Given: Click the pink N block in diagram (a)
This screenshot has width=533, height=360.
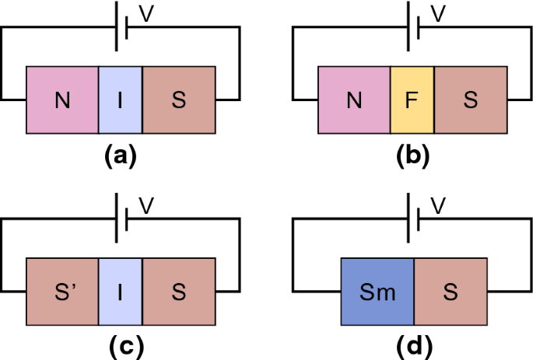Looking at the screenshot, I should pos(62,100).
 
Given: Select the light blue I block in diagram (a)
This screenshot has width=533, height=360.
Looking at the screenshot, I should pos(121,100).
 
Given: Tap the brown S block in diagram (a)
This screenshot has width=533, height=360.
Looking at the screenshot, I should pos(178,100).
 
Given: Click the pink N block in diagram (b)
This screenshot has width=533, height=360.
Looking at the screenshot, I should pos(354,100).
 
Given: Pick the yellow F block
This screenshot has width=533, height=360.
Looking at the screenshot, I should pos(412,100).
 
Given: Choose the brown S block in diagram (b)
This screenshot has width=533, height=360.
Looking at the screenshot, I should pos(470,100).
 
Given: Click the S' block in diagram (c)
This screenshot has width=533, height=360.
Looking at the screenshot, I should pos(62,292).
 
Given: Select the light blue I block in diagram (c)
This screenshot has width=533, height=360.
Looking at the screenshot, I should pos(121,292).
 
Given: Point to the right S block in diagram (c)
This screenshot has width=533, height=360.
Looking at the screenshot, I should pos(178,292).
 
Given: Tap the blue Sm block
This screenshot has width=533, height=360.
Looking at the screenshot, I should pos(377,292).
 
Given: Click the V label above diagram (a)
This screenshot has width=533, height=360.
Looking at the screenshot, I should pos(146,14).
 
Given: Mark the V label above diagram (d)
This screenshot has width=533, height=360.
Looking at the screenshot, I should pos(438,206).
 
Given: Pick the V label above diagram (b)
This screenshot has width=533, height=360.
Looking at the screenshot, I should pos(438,14).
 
